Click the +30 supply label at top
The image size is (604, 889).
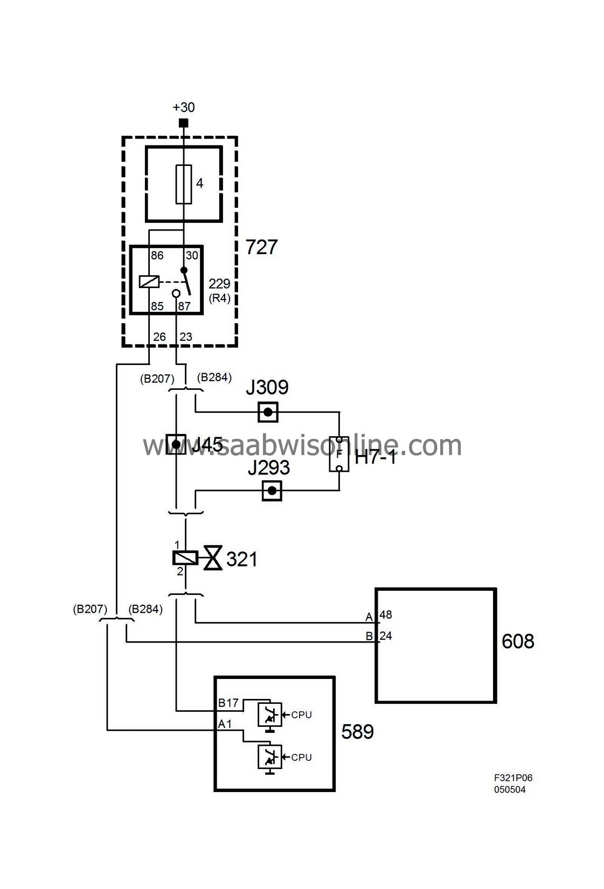point(184,107)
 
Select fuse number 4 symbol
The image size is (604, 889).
point(184,184)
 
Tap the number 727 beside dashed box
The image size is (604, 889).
point(261,247)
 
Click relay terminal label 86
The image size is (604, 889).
point(157,256)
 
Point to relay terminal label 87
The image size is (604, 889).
point(184,306)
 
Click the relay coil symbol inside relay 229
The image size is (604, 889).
point(149,281)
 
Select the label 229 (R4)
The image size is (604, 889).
point(219,290)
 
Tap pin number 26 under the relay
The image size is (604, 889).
point(159,337)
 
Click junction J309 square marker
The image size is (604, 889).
point(268,412)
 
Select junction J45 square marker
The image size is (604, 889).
point(176,444)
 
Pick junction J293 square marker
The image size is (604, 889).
point(272,491)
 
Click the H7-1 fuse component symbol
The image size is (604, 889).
point(339,454)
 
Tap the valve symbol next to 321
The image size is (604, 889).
point(212,558)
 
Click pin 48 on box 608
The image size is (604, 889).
point(386,615)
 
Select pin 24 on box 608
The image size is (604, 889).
point(386,636)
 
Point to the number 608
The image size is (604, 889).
point(518,641)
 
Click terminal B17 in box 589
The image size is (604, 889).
point(228,703)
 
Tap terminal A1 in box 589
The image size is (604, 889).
point(225,724)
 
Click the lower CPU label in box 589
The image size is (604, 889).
point(301,758)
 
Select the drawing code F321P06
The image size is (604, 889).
point(513,778)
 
